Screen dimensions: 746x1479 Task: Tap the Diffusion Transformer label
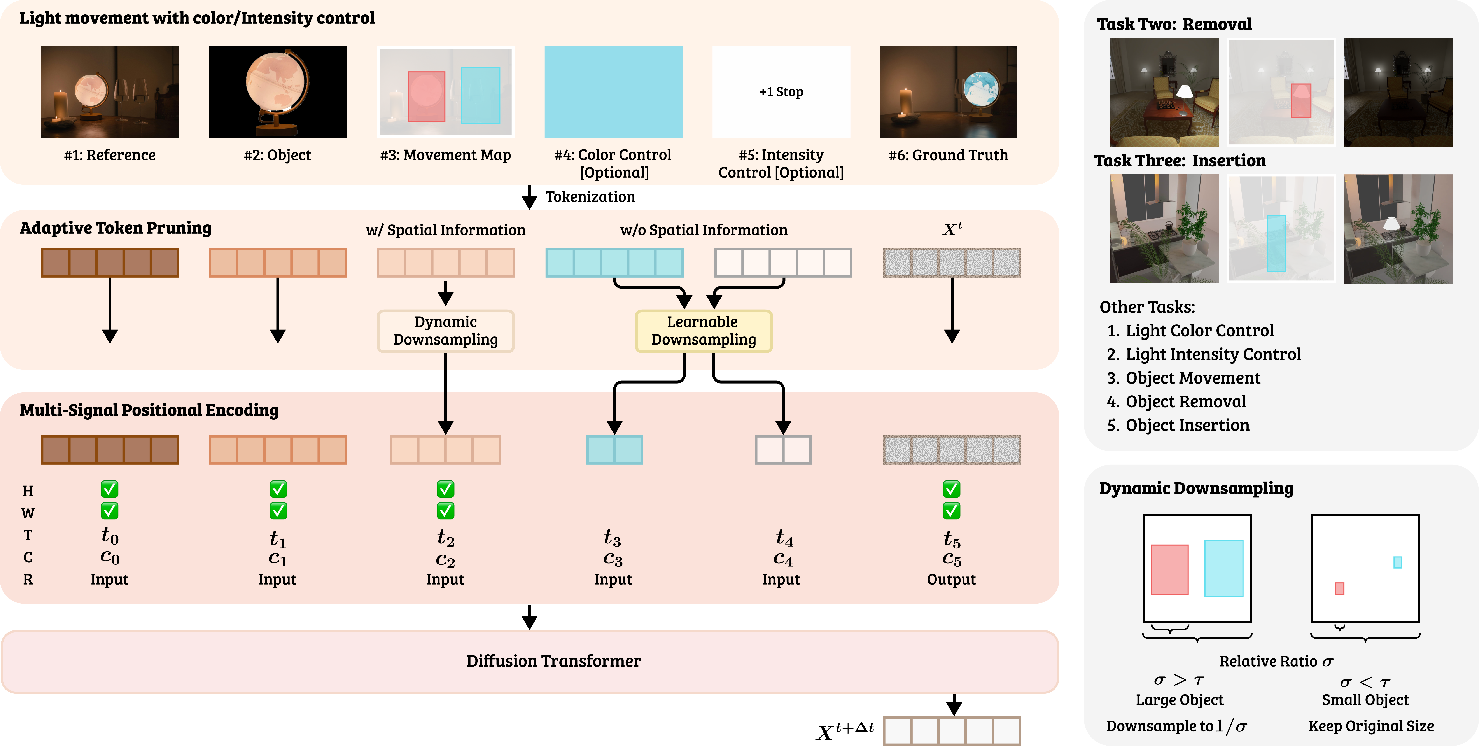[x=553, y=661]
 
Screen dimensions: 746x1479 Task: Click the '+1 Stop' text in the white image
[x=781, y=92]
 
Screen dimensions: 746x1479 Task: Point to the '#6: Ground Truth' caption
[x=948, y=155]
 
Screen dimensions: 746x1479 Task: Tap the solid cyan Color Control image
[x=613, y=92]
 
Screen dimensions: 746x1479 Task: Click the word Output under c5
[x=951, y=580]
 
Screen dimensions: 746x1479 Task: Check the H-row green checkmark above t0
[x=110, y=489]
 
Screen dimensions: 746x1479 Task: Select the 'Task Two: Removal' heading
[x=1174, y=24]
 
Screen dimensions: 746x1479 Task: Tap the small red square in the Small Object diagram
[x=1339, y=588]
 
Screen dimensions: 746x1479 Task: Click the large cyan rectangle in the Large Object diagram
[x=1223, y=568]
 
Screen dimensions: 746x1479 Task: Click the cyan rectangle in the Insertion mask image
[x=1276, y=243]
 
